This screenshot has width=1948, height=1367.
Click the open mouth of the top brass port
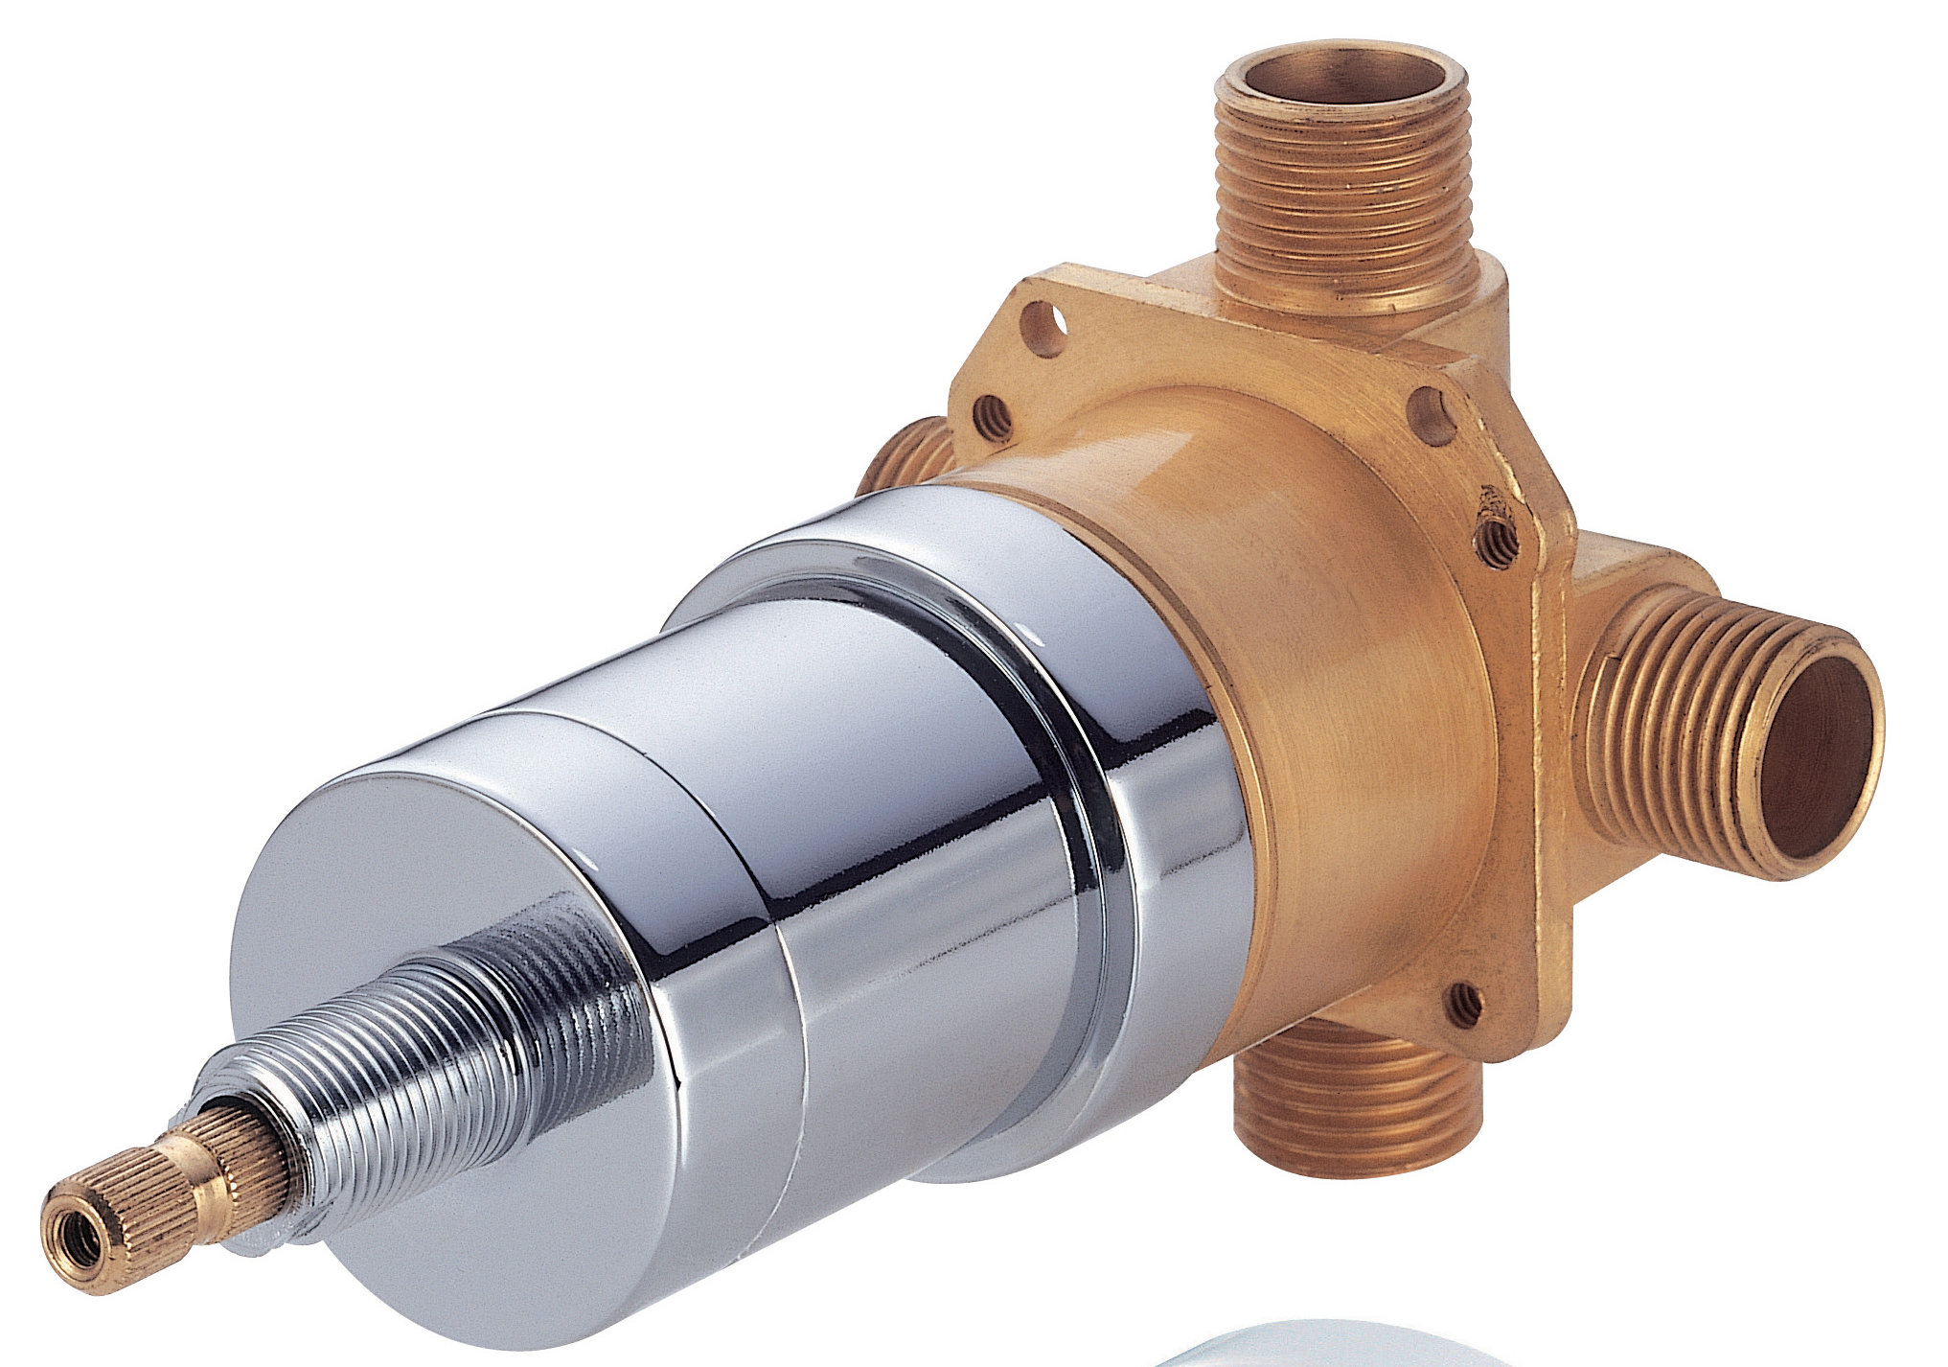[1341, 77]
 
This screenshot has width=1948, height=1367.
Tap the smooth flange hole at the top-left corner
[1044, 327]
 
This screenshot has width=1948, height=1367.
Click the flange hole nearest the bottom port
[1464, 1004]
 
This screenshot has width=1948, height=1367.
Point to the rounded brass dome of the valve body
[1341, 671]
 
